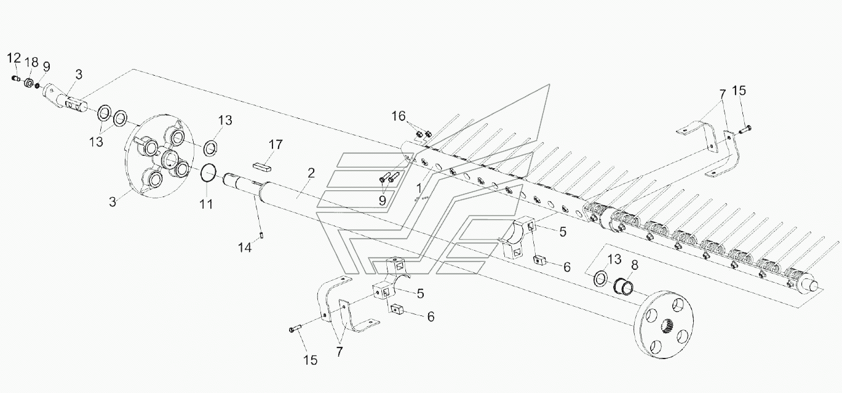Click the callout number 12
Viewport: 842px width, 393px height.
click(14, 59)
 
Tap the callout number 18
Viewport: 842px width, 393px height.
click(32, 62)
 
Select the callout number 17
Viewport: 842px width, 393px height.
click(276, 145)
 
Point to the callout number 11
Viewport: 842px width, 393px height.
click(206, 205)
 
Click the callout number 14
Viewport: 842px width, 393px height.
click(245, 248)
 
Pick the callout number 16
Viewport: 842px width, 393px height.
click(399, 116)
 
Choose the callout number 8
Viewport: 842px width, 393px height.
click(635, 265)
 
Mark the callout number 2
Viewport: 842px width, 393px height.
click(311, 173)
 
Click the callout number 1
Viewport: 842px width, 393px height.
click(419, 188)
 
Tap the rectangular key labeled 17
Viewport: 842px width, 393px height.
click(261, 168)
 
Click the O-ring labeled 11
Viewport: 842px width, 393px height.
click(209, 172)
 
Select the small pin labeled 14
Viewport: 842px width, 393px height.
click(261, 236)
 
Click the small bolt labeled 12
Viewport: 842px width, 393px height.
click(15, 78)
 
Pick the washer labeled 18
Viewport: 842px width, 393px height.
click(28, 83)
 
